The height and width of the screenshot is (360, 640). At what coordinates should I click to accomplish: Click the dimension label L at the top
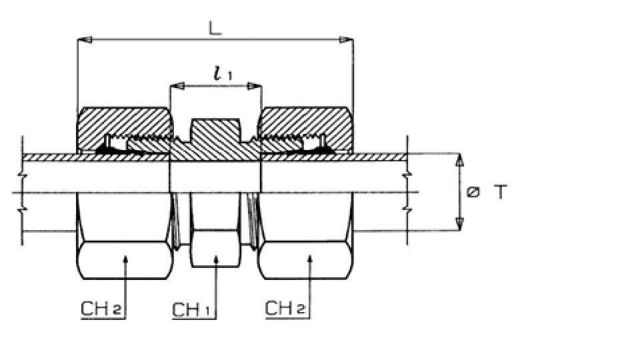[215, 28]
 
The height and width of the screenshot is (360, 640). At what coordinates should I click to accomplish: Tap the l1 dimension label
[223, 73]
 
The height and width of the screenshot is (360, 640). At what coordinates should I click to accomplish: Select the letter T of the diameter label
[501, 192]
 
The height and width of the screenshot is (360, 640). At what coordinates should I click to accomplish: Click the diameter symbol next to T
[473, 192]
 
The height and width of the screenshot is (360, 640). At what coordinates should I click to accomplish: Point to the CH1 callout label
[191, 310]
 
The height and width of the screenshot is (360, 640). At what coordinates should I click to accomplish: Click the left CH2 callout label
[101, 308]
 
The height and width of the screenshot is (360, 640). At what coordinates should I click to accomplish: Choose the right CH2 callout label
[285, 307]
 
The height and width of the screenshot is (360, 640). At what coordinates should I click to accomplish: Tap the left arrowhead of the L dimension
[85, 39]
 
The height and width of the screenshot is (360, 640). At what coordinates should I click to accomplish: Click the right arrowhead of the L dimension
[346, 39]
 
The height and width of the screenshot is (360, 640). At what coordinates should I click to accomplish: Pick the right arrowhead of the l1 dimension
[254, 86]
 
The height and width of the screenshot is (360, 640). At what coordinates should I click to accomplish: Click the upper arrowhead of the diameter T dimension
[460, 160]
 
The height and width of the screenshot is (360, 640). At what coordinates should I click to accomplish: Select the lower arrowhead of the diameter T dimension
[460, 225]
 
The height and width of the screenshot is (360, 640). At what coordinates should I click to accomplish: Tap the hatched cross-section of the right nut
[305, 123]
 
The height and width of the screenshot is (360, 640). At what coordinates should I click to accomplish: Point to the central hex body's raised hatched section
[215, 131]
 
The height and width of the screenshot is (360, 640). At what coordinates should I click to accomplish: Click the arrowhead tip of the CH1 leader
[216, 256]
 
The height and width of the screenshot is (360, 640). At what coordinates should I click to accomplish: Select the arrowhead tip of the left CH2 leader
[125, 256]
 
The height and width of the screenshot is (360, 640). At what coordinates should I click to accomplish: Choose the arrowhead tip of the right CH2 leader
[310, 256]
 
